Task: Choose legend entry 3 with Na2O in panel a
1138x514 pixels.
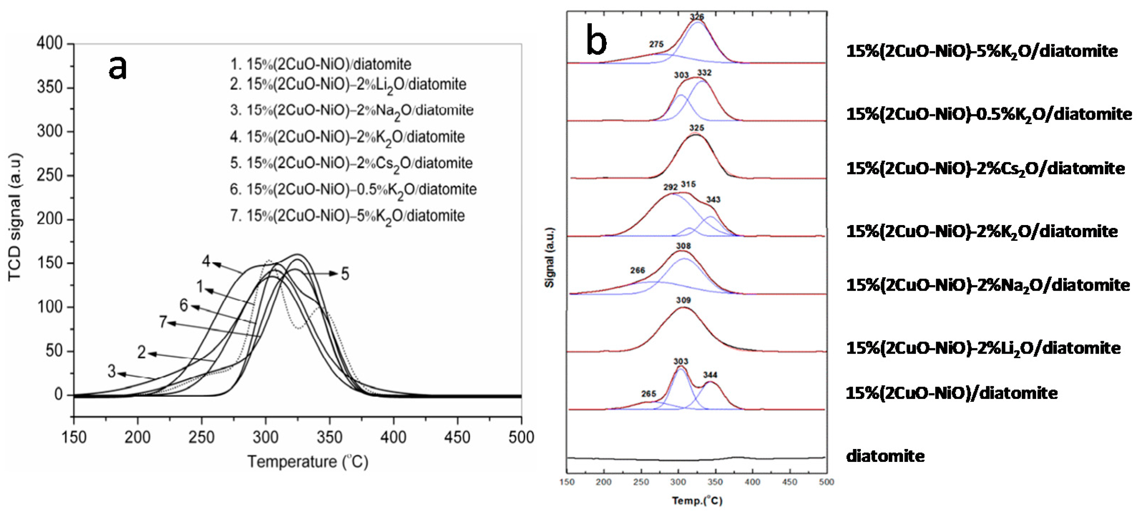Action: tap(351, 111)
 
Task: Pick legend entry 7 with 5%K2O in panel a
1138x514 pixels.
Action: tap(347, 216)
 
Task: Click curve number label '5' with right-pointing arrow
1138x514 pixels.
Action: tap(345, 274)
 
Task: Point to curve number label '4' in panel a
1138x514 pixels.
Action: tap(206, 261)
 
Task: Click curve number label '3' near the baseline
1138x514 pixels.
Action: tap(112, 371)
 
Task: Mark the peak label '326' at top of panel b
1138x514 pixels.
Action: tap(697, 17)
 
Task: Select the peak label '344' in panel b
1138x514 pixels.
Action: tap(710, 375)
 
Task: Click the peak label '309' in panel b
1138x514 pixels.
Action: tap(683, 300)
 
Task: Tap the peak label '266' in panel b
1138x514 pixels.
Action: tap(638, 270)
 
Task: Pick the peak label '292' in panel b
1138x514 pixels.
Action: tap(670, 187)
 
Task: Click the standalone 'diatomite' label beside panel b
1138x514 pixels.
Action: tap(885, 456)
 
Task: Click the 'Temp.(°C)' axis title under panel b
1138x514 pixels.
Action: tap(697, 501)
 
